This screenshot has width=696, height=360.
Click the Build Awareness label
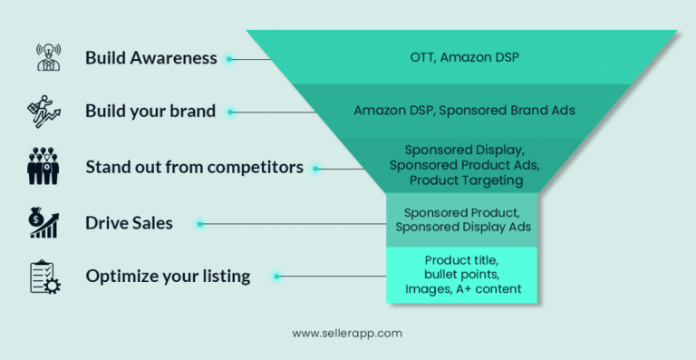point(151,58)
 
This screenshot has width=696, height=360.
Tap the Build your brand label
point(150,112)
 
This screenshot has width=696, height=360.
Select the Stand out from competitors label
point(194,167)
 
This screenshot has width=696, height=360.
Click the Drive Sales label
point(129,222)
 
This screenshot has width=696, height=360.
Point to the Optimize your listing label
point(168,276)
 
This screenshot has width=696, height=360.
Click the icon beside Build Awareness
point(44,58)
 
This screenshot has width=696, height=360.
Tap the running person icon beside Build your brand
point(44,112)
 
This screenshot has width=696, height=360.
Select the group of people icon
point(44,167)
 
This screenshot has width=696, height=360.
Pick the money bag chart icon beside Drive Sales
point(44,222)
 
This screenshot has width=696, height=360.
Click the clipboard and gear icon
point(44,277)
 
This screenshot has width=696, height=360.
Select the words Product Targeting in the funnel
point(466,180)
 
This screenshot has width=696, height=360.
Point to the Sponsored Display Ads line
point(462,228)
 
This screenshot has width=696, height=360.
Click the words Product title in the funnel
point(461,260)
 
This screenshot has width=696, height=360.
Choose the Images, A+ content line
point(461,290)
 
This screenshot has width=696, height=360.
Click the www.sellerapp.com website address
point(347,333)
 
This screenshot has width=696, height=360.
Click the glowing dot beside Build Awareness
point(230,59)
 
